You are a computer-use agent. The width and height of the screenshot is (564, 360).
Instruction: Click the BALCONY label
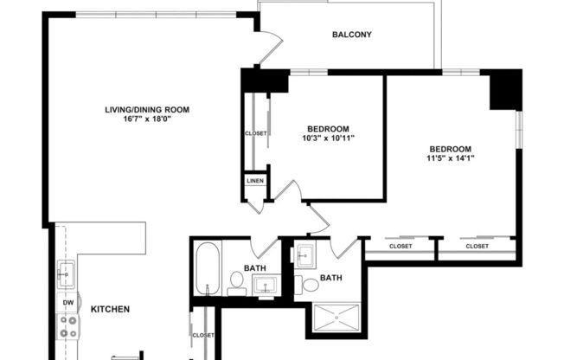[352, 35]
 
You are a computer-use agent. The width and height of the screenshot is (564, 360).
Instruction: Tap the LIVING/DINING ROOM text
[147, 110]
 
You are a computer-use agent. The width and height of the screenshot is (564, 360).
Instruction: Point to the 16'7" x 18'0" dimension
[147, 120]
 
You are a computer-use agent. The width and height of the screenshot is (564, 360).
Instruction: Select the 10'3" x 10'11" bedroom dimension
[329, 138]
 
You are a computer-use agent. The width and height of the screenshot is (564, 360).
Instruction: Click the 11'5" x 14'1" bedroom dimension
[450, 158]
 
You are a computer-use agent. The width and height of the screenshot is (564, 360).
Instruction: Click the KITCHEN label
[111, 309]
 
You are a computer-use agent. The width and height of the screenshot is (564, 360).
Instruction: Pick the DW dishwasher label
[67, 302]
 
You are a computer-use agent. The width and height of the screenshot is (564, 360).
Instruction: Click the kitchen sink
[66, 275]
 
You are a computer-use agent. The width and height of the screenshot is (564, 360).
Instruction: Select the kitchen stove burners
[67, 326]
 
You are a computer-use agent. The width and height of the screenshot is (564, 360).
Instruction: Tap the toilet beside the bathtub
[234, 281]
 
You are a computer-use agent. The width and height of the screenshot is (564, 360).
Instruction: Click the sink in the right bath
[304, 255]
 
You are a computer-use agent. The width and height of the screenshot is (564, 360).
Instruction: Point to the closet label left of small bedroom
[256, 134]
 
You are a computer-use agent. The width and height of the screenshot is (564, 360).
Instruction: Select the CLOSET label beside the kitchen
[202, 335]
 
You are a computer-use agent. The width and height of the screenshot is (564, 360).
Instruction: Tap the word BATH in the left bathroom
[255, 268]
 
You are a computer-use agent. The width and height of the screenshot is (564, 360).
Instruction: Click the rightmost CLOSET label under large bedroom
[477, 247]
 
